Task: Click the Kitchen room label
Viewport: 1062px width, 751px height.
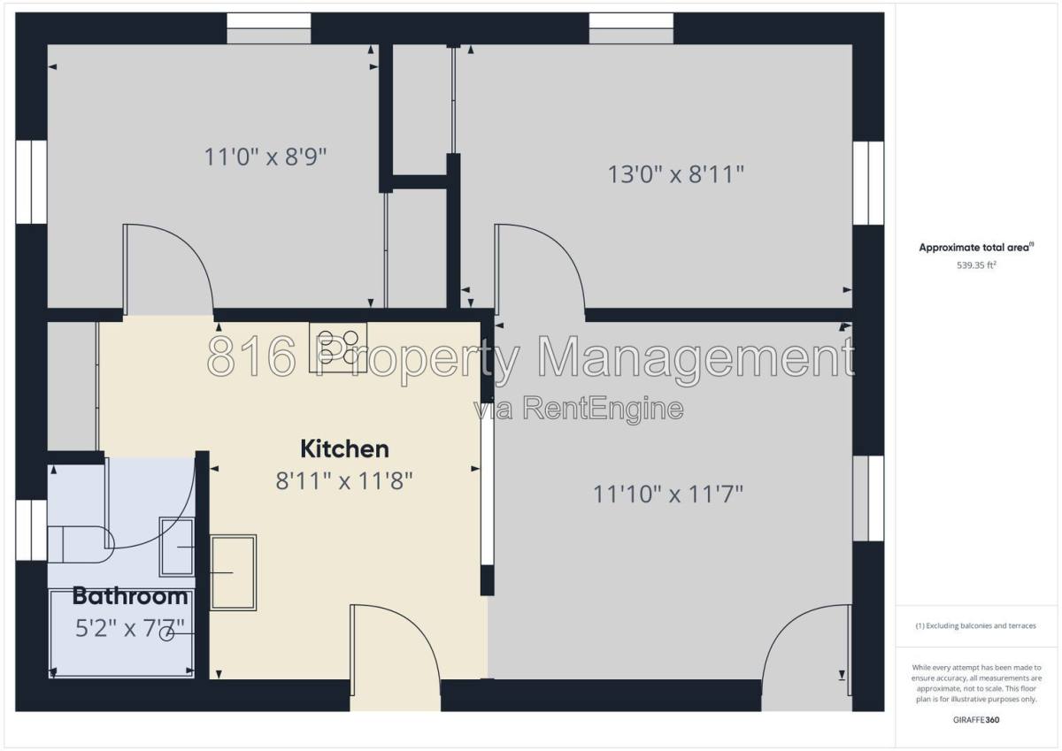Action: pos(344,449)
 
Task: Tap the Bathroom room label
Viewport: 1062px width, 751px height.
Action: pos(130,596)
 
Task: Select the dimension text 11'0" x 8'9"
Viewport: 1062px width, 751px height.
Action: pos(265,157)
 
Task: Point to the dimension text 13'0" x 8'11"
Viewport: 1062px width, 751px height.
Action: pos(676,174)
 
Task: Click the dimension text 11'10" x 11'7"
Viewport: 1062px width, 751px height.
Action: pos(668,494)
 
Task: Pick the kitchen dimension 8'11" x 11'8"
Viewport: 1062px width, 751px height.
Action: pos(344,481)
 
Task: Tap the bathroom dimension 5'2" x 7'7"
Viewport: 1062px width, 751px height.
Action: pos(130,628)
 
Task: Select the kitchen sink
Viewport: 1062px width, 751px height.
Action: pos(234,572)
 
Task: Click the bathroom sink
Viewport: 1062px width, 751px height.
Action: pos(177,547)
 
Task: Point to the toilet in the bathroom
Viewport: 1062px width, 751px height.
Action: pos(81,544)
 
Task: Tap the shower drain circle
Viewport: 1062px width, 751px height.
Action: pos(166,633)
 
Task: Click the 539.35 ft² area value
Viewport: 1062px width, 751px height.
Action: pos(976,264)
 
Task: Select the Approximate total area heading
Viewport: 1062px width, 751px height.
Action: pos(976,247)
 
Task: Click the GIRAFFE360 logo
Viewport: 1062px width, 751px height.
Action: pos(976,720)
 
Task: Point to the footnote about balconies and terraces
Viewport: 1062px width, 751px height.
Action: pos(975,625)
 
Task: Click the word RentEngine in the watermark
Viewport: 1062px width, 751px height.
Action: pos(603,409)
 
